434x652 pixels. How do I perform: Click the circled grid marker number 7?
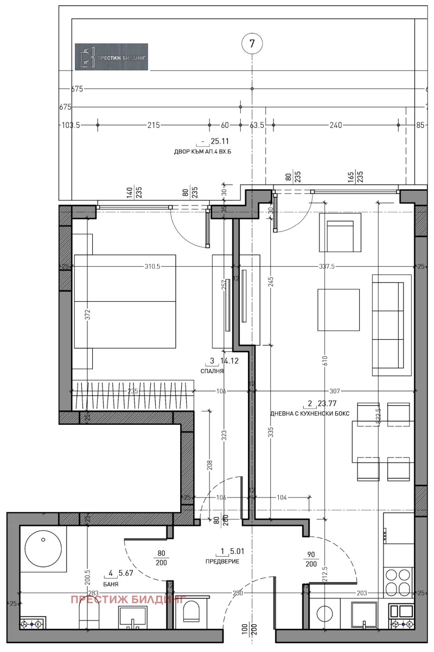[252, 44]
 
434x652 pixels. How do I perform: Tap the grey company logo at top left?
[111, 56]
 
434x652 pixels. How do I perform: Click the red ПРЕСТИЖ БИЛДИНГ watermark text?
[128, 599]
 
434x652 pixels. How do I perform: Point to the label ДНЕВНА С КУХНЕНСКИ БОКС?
[310, 414]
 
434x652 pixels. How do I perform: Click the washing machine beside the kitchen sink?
[325, 616]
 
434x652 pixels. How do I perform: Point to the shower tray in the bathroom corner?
[43, 548]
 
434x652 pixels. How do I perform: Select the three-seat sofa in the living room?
[391, 325]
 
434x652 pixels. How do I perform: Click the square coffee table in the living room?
[339, 310]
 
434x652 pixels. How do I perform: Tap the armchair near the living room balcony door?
[340, 232]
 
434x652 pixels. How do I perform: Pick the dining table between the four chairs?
[382, 441]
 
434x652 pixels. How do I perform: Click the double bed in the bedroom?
[125, 301]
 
